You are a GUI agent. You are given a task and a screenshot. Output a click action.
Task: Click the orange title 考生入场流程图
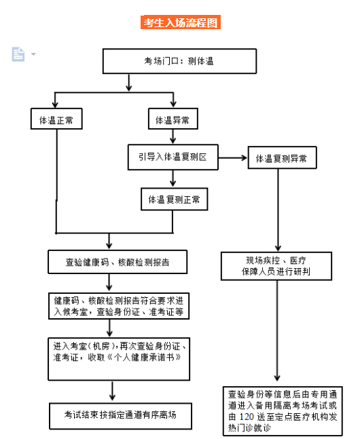click(x=180, y=22)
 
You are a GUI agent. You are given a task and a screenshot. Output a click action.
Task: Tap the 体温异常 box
click(x=173, y=120)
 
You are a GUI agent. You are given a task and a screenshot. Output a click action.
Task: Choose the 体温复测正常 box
click(x=174, y=199)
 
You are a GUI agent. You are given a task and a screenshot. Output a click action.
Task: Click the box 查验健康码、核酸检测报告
click(x=118, y=261)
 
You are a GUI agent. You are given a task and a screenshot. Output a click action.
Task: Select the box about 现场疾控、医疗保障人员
click(x=276, y=265)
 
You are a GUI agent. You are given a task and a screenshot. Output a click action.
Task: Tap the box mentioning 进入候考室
click(x=118, y=306)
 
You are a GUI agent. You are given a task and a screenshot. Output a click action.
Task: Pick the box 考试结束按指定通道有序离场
click(x=118, y=413)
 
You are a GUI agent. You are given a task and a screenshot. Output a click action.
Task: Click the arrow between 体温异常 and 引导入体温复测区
click(x=173, y=136)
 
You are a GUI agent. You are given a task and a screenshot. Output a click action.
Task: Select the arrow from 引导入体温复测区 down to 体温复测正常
click(x=173, y=178)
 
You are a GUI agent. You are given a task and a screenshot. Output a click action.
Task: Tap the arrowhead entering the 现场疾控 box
click(x=277, y=247)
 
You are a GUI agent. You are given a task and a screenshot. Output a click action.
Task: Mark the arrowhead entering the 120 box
click(x=277, y=380)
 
